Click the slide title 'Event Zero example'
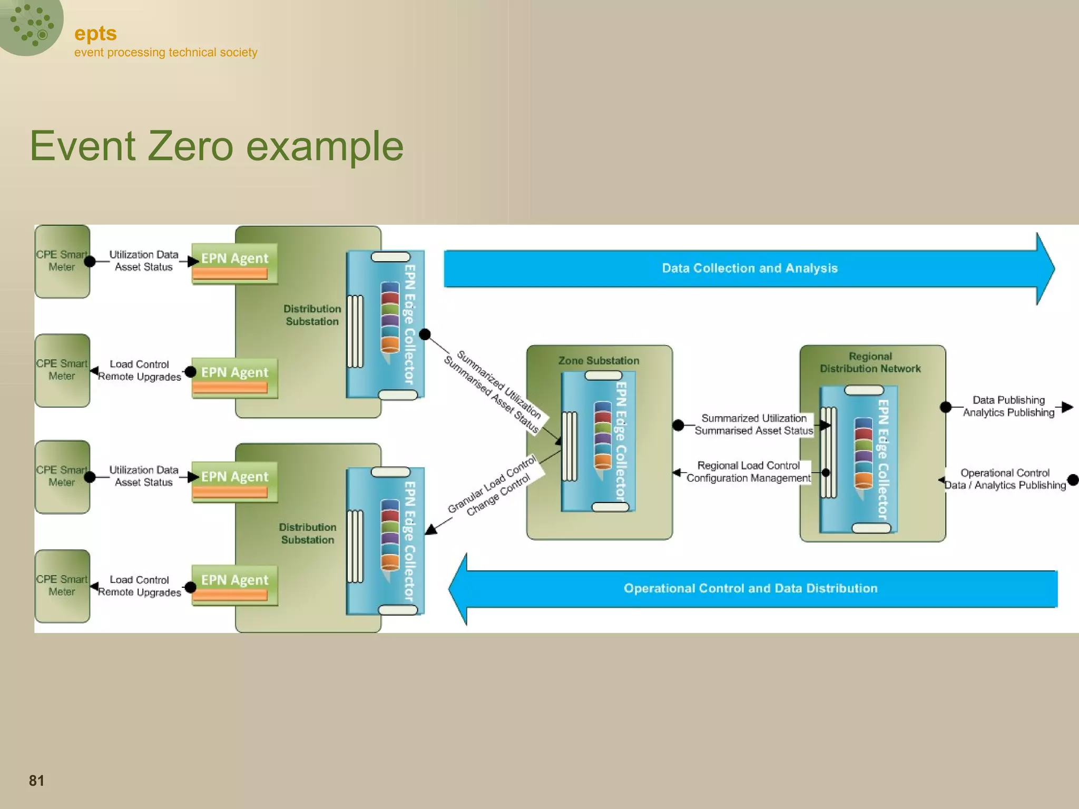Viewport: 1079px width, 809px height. [x=217, y=146]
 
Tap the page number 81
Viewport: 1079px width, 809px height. [x=36, y=780]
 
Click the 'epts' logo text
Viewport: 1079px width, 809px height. [x=95, y=33]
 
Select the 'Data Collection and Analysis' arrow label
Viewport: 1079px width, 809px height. [x=749, y=268]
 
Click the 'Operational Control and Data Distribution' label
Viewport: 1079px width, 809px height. [x=750, y=588]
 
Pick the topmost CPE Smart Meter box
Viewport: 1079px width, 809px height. [x=62, y=261]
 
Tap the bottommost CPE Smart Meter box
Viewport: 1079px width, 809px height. [x=62, y=586]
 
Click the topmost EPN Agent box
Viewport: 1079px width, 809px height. [x=234, y=263]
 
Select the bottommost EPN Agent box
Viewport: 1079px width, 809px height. [x=234, y=585]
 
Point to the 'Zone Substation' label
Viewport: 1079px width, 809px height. [x=599, y=361]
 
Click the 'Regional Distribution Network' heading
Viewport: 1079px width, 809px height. [x=870, y=362]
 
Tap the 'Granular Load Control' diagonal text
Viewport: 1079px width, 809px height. [x=491, y=484]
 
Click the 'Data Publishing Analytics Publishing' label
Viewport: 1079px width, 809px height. [x=1008, y=406]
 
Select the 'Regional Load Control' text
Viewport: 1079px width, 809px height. [x=748, y=466]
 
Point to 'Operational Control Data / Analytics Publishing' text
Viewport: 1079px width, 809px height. [x=1005, y=479]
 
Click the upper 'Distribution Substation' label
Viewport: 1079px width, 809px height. [x=312, y=315]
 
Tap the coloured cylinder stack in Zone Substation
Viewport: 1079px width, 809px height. [x=603, y=436]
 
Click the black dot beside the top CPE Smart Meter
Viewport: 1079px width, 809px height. [x=90, y=261]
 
